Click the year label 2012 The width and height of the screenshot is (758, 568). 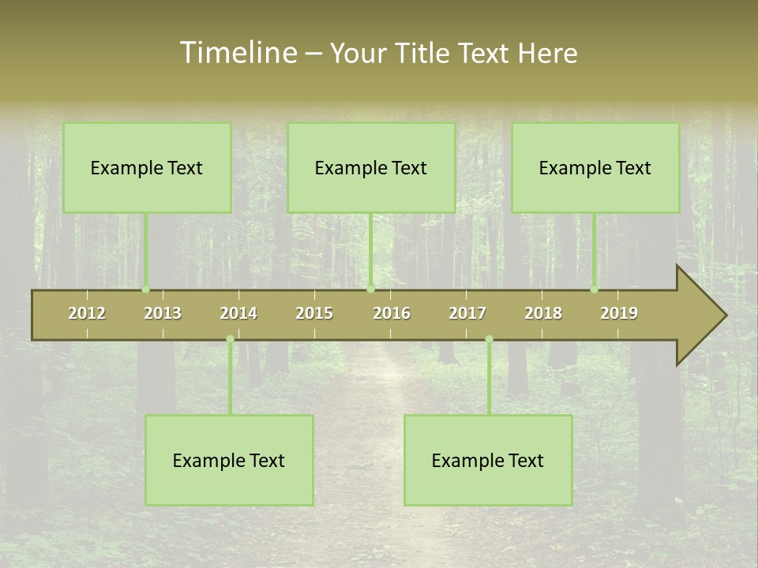click(x=87, y=313)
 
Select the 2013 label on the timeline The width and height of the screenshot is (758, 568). click(x=163, y=313)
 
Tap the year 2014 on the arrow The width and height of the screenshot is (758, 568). click(x=238, y=313)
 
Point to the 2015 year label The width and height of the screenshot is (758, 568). click(x=314, y=313)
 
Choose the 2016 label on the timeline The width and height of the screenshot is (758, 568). click(x=392, y=313)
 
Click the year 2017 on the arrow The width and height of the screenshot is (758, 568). click(x=467, y=313)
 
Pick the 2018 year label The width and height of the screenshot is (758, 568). click(x=543, y=313)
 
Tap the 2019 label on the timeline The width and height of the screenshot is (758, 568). click(x=619, y=313)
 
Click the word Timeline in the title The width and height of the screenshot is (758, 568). click(x=238, y=53)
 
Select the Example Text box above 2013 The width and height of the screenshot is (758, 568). click(x=147, y=167)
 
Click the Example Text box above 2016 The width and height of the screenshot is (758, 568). click(x=371, y=167)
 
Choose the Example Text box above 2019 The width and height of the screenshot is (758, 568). click(x=595, y=167)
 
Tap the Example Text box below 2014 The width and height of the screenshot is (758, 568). click(x=229, y=460)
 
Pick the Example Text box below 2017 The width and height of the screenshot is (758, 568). click(x=488, y=460)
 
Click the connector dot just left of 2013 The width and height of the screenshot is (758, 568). click(x=145, y=290)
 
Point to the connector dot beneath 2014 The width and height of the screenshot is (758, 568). click(x=230, y=339)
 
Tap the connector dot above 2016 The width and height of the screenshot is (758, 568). click(x=371, y=290)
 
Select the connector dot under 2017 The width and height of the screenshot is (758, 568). click(x=489, y=339)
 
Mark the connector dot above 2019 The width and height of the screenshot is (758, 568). click(x=595, y=290)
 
